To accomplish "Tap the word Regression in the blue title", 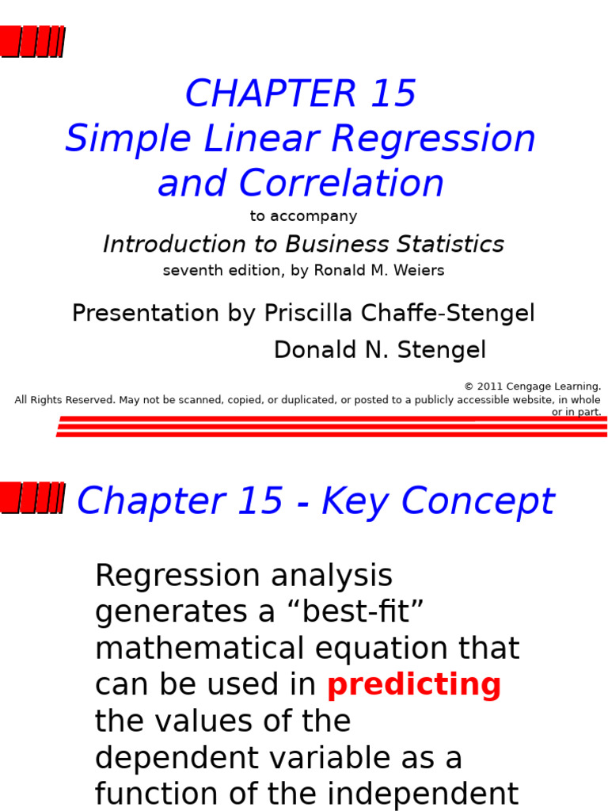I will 433,139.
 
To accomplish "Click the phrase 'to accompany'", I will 304,216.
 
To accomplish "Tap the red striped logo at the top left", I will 32,41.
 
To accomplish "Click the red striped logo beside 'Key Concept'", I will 32,498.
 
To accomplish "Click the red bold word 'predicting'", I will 414,685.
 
